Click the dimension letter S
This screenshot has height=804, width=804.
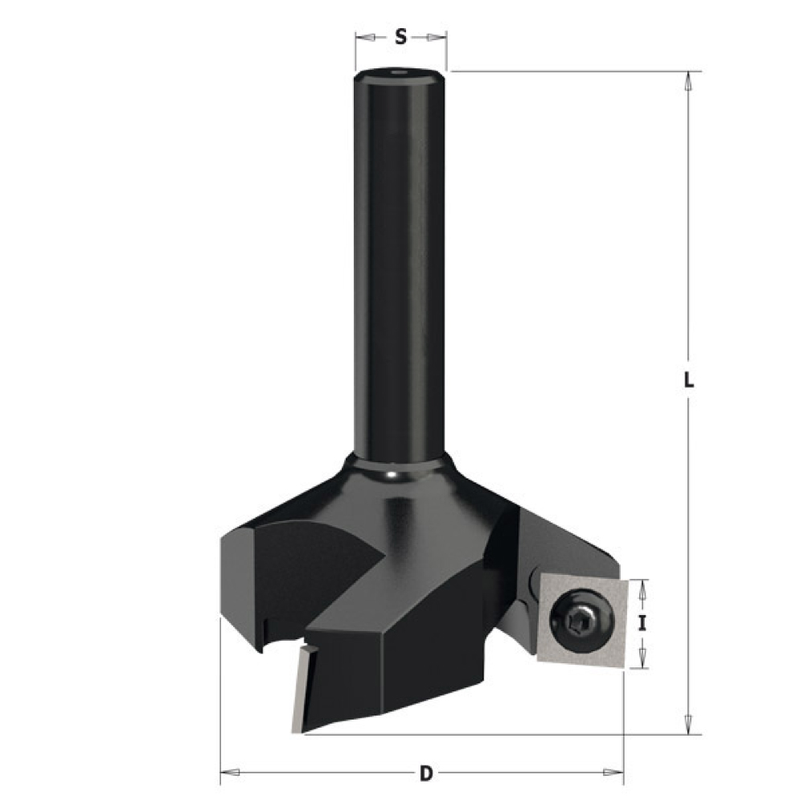(x=400, y=36)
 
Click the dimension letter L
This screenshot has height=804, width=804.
(x=688, y=383)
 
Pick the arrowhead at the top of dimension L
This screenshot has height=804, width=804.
(x=688, y=81)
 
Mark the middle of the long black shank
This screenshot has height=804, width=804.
(x=399, y=265)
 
